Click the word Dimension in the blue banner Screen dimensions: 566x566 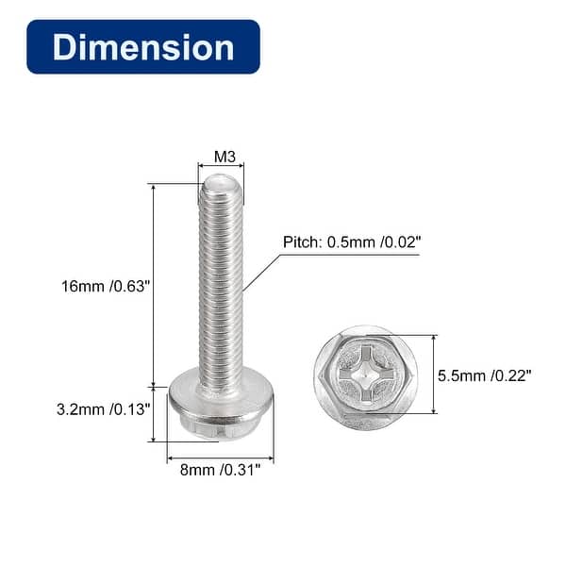click(x=142, y=47)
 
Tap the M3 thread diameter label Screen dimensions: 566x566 click(x=223, y=156)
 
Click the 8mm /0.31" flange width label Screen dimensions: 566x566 click(x=221, y=468)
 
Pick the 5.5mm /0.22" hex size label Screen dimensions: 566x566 click(x=485, y=375)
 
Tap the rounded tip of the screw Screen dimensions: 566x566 click(x=221, y=183)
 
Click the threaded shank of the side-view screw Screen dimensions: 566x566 click(x=221, y=283)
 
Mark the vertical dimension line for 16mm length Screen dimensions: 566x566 click(x=153, y=283)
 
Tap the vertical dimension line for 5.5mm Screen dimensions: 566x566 click(x=434, y=375)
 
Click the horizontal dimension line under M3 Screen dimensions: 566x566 click(x=221, y=166)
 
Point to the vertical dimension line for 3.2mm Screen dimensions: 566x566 click(x=153, y=413)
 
